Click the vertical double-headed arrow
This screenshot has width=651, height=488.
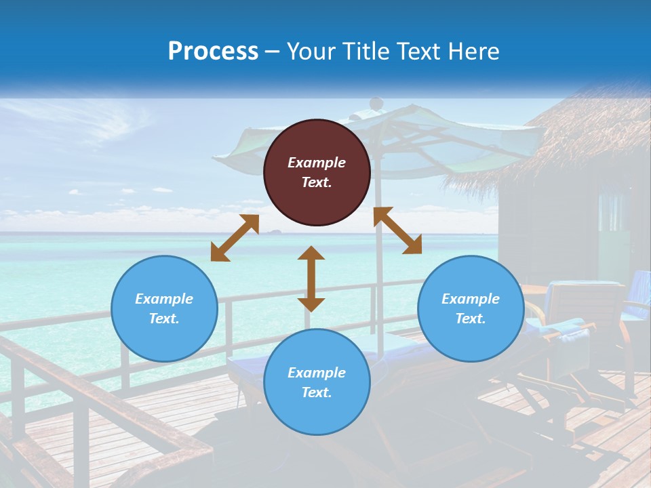point(311,279)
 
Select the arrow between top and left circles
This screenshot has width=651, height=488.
point(235,238)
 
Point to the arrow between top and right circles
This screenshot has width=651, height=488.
point(397,230)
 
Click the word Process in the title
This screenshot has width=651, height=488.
point(213,52)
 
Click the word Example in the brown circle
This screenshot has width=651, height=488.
point(317,163)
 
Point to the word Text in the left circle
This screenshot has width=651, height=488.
point(164,319)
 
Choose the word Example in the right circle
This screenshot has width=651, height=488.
point(471,299)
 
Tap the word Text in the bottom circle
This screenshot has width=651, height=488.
point(317,392)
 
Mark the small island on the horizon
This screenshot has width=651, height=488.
point(276,232)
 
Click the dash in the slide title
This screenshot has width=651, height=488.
point(273,52)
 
